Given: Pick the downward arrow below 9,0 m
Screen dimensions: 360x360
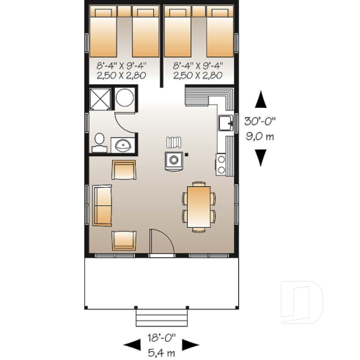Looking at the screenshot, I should (262, 157).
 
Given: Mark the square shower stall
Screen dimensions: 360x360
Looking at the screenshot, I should (99, 98).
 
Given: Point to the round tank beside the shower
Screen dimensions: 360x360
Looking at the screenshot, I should (124, 98).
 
